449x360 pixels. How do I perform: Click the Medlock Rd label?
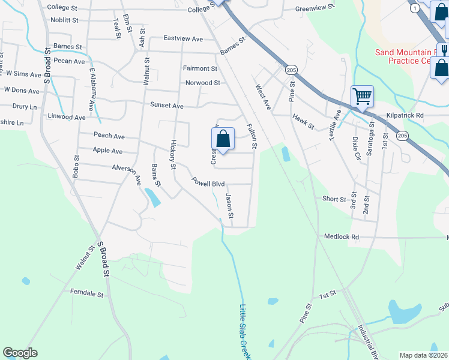(339, 238)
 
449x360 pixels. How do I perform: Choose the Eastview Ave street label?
(183, 38)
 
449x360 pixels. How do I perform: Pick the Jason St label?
(229, 205)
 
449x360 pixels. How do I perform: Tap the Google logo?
(20, 353)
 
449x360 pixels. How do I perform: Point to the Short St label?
(334, 199)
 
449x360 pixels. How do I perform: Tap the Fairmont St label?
(200, 69)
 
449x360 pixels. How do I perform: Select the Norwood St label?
(203, 83)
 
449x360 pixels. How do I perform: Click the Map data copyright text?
(423, 355)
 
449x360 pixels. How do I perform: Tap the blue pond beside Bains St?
(152, 197)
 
